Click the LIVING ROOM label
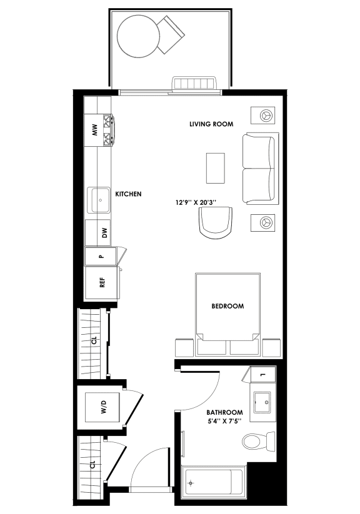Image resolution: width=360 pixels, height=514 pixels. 211,124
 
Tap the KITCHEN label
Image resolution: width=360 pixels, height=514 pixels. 128,194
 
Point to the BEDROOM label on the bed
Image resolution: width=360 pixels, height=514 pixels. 227,306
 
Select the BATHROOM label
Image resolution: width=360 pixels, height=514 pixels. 224,413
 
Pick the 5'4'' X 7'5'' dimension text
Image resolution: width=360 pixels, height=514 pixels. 224,422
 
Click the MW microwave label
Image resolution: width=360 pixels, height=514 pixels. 95,131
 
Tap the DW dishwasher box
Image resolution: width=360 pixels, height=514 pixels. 104,234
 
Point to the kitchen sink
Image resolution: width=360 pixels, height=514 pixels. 100,200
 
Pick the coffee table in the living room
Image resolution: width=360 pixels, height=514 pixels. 215,167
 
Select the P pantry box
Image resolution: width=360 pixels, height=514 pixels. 101,257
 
